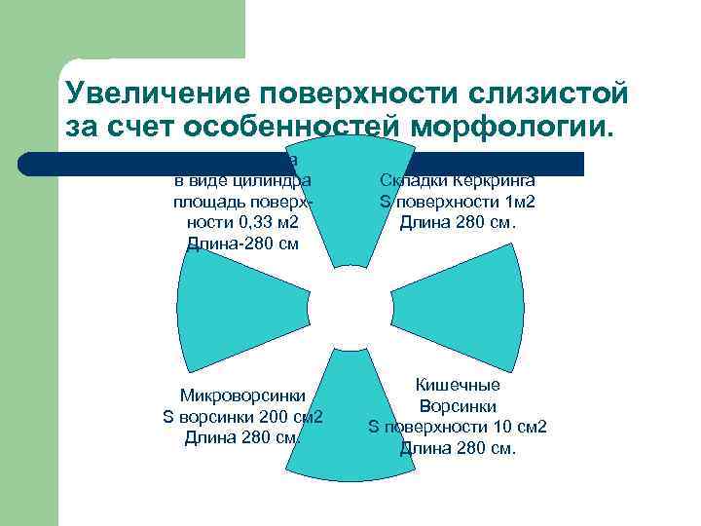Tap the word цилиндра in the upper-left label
277,180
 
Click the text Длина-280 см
242,244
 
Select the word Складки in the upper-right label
411,180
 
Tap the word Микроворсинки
243,395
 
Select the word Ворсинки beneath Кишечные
458,405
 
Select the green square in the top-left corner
151,29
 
